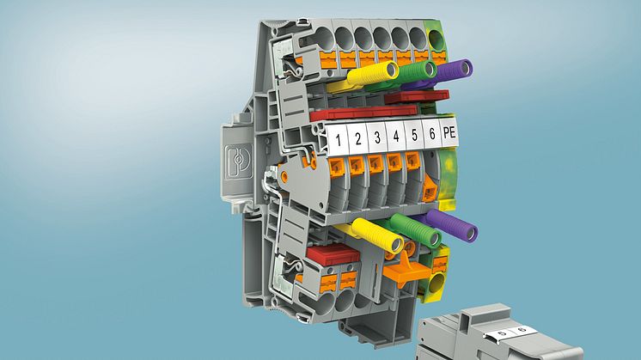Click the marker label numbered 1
pyautogui.click(x=338, y=139)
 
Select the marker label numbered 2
pyautogui.click(x=357, y=138)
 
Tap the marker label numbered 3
pyautogui.click(x=376, y=137)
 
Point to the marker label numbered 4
pyautogui.click(x=395, y=136)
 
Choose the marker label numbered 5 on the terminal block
pyautogui.click(x=413, y=134)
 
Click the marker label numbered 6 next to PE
pyautogui.click(x=431, y=133)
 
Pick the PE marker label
pyautogui.click(x=449, y=132)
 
